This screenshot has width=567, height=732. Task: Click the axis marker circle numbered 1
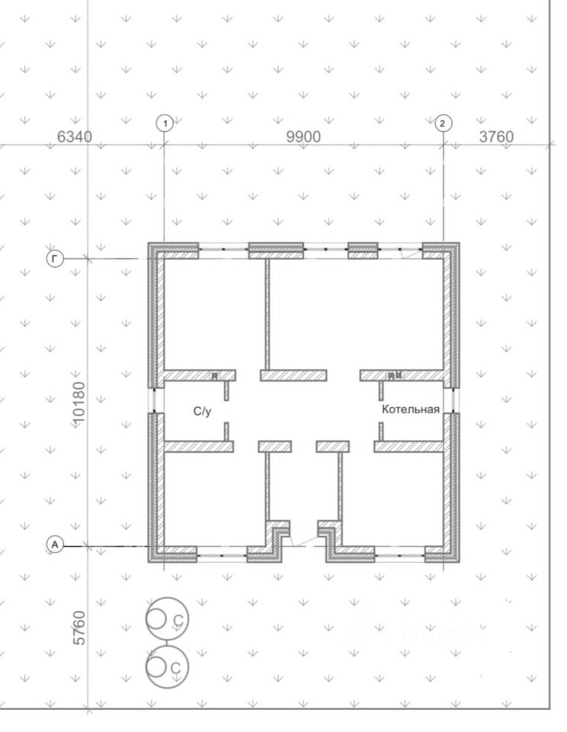[x=165, y=122]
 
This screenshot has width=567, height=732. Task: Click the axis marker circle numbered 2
[x=443, y=122]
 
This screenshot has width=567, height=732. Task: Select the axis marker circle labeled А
[x=53, y=544]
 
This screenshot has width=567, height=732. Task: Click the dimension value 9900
[x=303, y=137]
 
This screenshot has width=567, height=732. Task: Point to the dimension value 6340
[x=75, y=137]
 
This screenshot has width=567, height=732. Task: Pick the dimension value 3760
[x=495, y=137]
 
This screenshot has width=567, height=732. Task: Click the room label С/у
[x=202, y=411]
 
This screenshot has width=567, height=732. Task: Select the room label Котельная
[x=412, y=409]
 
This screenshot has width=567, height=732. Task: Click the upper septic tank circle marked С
[x=166, y=619]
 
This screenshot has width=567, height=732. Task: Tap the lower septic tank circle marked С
[x=166, y=666]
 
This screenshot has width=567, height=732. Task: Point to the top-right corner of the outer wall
[x=460, y=244]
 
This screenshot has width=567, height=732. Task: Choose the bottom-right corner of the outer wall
[x=460, y=562]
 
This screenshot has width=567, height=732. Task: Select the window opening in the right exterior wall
[x=456, y=400]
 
